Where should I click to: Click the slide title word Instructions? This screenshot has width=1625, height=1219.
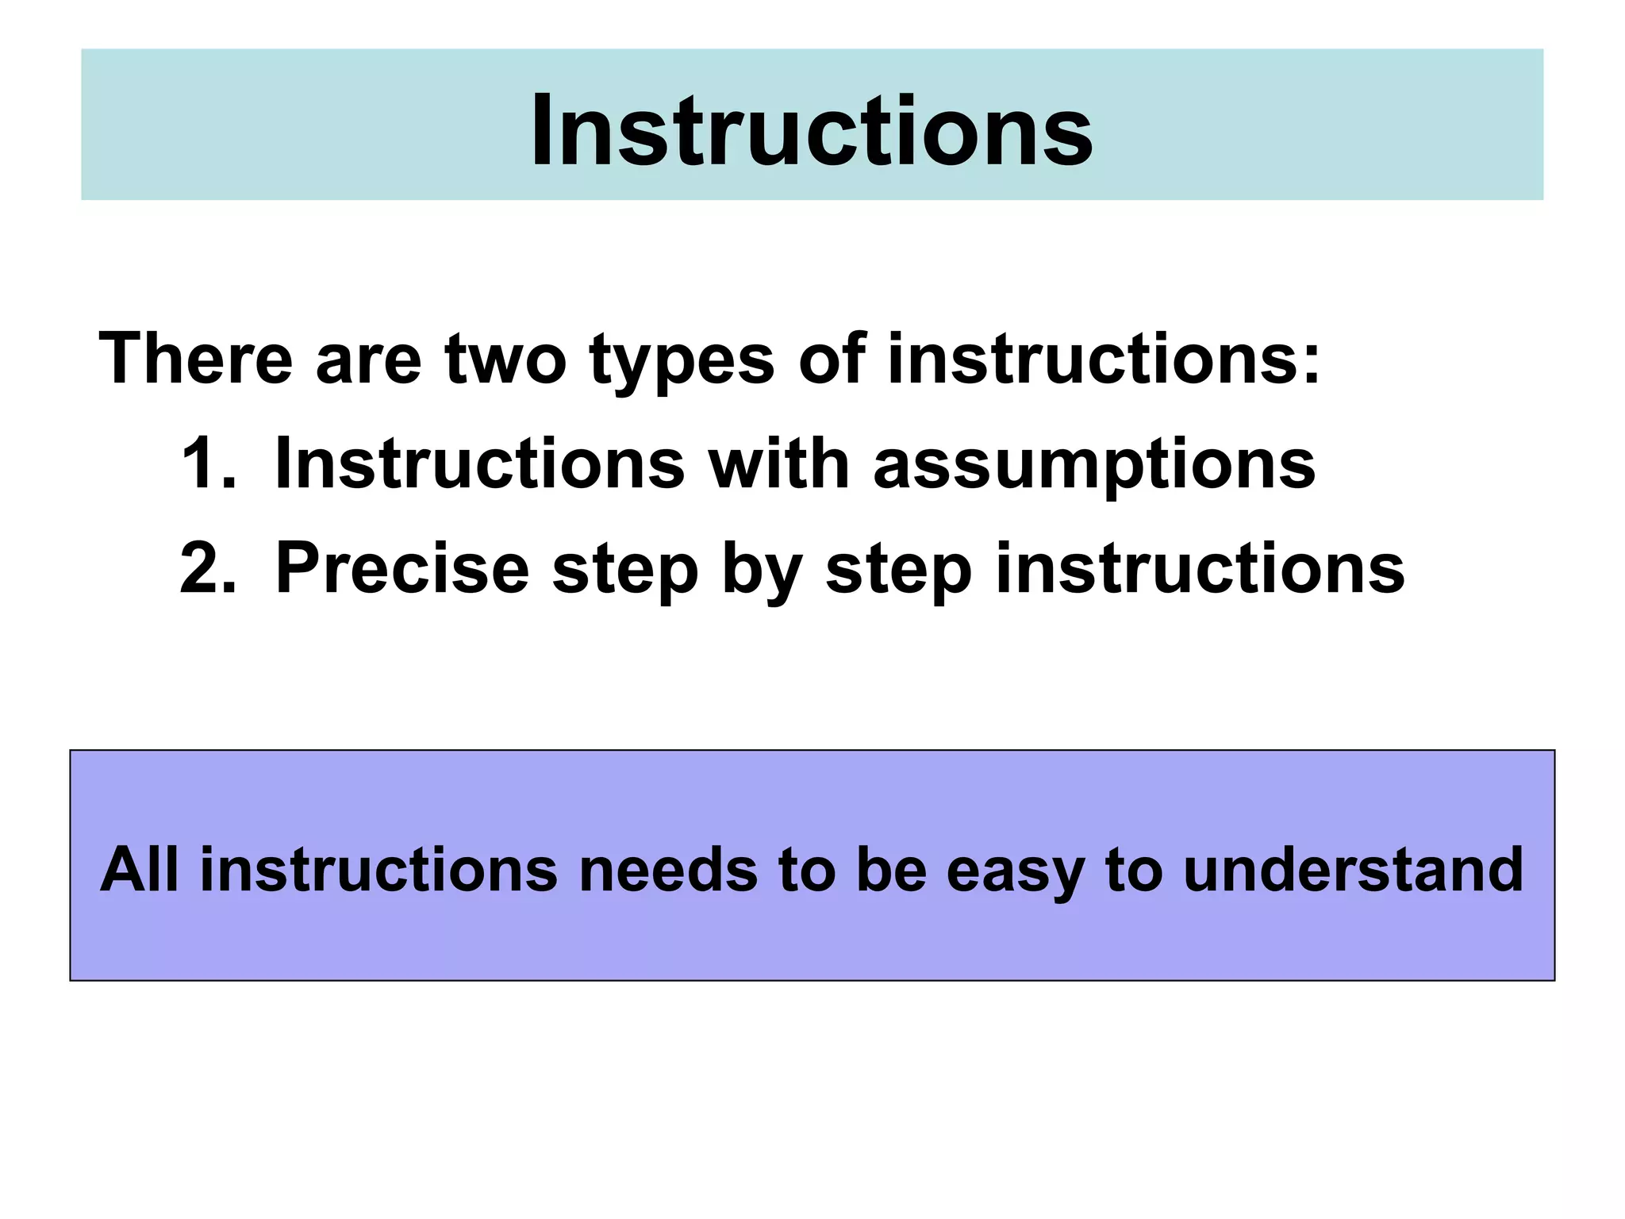click(x=811, y=130)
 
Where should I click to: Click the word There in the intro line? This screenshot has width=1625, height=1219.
click(x=195, y=359)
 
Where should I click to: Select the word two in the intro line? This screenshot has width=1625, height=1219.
click(x=505, y=359)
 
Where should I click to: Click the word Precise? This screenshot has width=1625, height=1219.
click(x=401, y=568)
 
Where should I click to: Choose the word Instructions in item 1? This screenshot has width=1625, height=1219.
click(x=478, y=463)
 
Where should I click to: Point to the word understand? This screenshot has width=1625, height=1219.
click(x=1353, y=870)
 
